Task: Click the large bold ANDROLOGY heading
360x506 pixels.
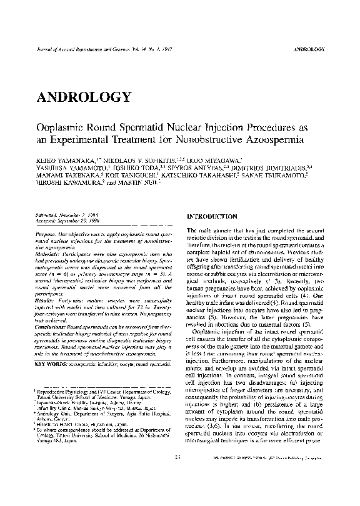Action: [84, 97]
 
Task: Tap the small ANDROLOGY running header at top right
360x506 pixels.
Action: [309, 48]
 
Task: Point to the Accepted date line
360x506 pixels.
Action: [69, 218]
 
